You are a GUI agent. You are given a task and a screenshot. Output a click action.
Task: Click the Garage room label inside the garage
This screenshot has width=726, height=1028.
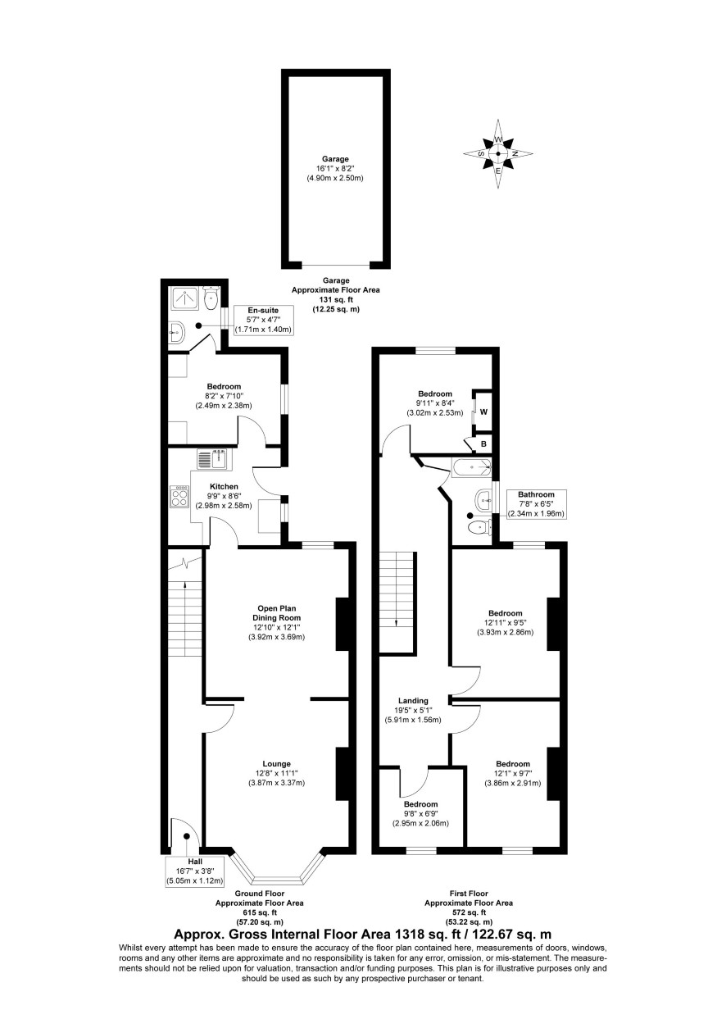(x=335, y=159)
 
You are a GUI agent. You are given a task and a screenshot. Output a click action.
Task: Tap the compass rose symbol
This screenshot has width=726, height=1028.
(x=497, y=154)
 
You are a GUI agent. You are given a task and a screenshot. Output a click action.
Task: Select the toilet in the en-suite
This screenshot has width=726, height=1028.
(x=211, y=298)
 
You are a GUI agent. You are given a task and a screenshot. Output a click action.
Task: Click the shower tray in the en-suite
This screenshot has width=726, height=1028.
(x=185, y=298)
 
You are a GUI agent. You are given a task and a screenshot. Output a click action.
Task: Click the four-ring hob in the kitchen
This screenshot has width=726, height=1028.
(x=179, y=497)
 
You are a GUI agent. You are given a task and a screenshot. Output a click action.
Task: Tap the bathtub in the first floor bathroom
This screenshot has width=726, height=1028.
(x=471, y=468)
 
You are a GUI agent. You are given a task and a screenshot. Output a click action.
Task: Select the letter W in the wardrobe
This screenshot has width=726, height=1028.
(x=483, y=412)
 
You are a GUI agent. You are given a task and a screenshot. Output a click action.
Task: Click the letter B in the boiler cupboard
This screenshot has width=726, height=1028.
(x=483, y=444)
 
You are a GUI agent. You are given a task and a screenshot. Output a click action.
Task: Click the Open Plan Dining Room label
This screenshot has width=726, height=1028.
(x=276, y=613)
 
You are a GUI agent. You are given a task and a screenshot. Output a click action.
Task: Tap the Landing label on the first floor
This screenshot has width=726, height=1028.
(x=413, y=701)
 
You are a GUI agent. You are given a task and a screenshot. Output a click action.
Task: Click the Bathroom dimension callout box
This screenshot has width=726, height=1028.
(x=536, y=504)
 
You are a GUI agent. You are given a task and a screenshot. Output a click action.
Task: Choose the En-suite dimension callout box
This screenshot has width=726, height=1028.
(x=263, y=320)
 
